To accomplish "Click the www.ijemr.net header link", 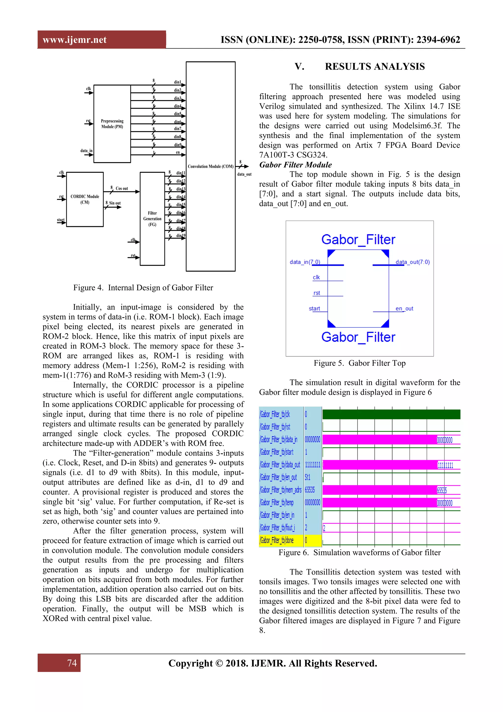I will (x=75, y=40).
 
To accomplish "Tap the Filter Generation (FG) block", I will (x=152, y=219).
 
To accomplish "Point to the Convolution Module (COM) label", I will (x=211, y=167).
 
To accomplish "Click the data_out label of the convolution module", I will (x=244, y=174).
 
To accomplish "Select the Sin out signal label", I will (x=115, y=203).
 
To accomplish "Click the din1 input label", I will (x=178, y=82).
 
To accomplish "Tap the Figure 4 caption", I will (x=143, y=288).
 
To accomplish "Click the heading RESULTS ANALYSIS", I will (x=375, y=67).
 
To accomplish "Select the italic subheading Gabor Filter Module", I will (x=295, y=165).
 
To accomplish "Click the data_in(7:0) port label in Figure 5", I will (x=305, y=262).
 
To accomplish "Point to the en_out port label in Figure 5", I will (x=404, y=309).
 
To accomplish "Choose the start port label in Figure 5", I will (x=314, y=309).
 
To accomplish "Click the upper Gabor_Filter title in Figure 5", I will (x=358, y=240).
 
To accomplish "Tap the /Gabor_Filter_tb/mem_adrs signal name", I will (x=280, y=490).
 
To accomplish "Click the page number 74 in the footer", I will (x=72, y=663).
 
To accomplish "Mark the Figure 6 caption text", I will (x=359, y=553).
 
